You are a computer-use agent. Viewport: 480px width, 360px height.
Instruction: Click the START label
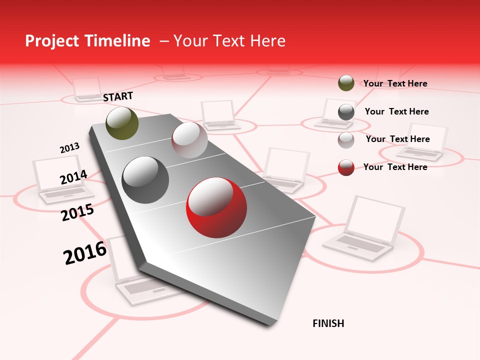[x=118, y=96]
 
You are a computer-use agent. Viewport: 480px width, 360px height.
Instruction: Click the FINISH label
[x=328, y=323]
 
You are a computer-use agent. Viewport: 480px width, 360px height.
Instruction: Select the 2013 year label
[x=69, y=148]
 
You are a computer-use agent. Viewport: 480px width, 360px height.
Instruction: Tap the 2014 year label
[x=73, y=177]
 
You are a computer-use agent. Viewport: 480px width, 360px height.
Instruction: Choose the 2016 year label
[x=85, y=252]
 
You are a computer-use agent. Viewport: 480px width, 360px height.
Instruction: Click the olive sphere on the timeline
[x=122, y=123]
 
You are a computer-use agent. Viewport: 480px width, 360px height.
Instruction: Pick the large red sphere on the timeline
[x=216, y=207]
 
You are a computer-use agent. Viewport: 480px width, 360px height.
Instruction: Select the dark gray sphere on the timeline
[x=145, y=180]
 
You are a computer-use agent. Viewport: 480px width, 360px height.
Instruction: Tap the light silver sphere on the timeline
[x=189, y=140]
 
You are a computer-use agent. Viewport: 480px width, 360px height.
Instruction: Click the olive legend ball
[x=346, y=83]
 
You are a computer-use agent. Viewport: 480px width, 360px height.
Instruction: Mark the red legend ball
[x=346, y=167]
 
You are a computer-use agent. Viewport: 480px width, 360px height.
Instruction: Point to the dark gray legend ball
[x=346, y=112]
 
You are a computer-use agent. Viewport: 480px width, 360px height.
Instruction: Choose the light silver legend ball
[x=346, y=140]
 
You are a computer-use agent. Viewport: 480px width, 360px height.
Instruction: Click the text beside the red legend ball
[x=395, y=167]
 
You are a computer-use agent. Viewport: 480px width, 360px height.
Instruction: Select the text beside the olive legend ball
[x=395, y=83]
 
